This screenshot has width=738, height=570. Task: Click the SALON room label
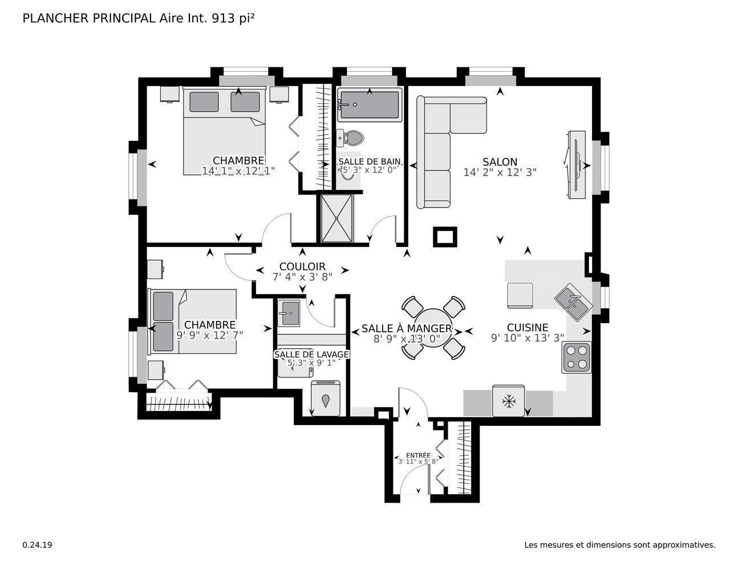[x=500, y=162]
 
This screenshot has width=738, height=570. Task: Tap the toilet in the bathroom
[x=351, y=137]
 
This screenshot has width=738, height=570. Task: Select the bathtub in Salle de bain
[x=370, y=104]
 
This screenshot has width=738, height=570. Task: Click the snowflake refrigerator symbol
[x=508, y=401]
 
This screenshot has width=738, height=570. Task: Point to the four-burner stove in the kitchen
[x=576, y=357]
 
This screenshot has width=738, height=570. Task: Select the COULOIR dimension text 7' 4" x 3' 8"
[x=302, y=277]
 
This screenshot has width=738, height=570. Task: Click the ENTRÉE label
[x=418, y=455]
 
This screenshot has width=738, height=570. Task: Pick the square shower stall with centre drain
[x=337, y=218]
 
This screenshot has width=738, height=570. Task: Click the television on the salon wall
[x=576, y=165]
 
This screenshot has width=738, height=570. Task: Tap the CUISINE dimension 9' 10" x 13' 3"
[x=527, y=338]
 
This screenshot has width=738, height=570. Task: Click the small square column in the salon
[x=445, y=237]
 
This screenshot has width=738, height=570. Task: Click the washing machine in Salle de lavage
[x=326, y=399]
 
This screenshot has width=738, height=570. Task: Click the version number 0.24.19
[x=38, y=545]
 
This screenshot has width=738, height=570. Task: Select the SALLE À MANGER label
[x=407, y=328]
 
